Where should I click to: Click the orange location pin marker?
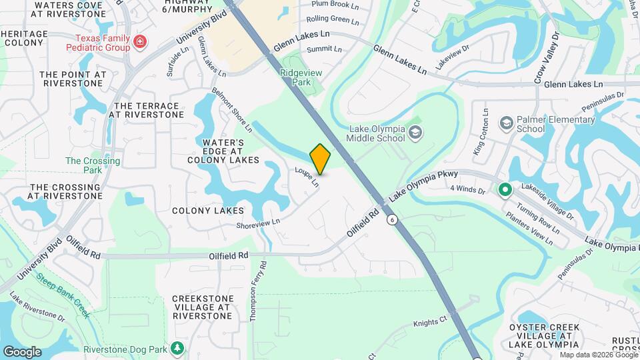click(x=320, y=159)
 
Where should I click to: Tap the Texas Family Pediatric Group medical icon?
click(x=140, y=43)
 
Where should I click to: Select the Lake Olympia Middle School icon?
click(x=416, y=133)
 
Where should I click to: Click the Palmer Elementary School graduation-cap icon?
click(x=507, y=123)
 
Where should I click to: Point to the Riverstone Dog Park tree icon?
click(x=177, y=347)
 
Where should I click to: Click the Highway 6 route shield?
click(x=393, y=220)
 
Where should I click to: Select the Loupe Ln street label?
click(x=307, y=176)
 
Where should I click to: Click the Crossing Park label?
click(x=93, y=165)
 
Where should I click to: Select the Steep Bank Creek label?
click(x=63, y=293)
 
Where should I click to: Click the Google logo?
click(x=22, y=351)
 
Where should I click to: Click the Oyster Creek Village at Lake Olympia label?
click(x=544, y=336)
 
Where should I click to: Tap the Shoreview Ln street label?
click(x=257, y=224)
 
